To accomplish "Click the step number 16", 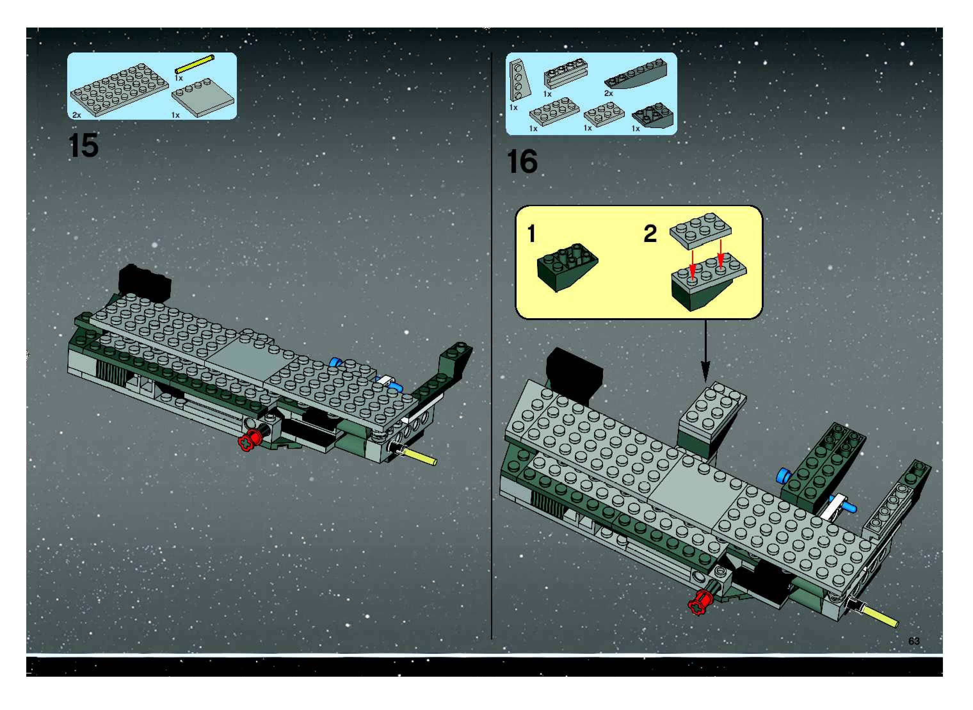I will pos(522,162).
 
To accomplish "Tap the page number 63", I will pos(914,641).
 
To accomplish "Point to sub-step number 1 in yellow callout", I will pos(532,234).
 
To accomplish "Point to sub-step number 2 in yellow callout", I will pos(650,234).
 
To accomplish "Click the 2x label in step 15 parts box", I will pos(76,115).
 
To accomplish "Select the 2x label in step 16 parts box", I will pos(608,93).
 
